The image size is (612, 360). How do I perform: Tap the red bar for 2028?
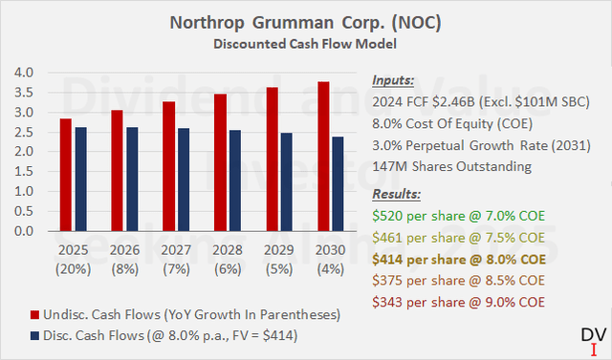tap(221, 162)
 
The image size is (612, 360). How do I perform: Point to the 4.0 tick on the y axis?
tap(27, 73)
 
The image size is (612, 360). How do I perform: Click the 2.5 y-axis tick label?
tap(27, 132)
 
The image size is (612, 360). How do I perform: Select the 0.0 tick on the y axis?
tap(27, 231)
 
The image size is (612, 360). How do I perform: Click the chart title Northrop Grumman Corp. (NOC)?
tap(305, 20)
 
